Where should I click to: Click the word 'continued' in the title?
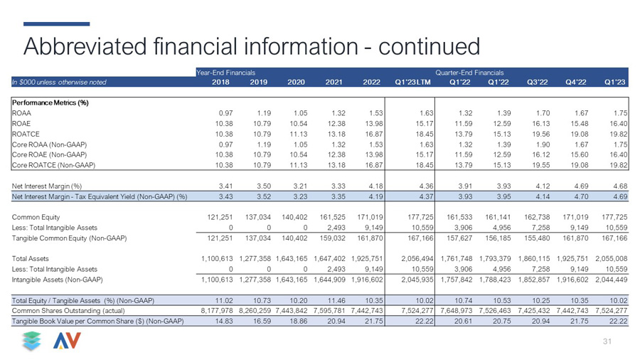[x=429, y=46]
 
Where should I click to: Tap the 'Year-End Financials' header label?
[x=225, y=73]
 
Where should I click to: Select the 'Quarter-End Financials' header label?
[x=469, y=73]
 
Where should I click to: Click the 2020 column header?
[x=296, y=82]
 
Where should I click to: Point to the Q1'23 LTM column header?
[x=412, y=82]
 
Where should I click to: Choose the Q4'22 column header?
[x=575, y=82]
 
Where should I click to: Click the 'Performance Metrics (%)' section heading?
[x=50, y=103]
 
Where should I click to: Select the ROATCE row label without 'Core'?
[x=26, y=134]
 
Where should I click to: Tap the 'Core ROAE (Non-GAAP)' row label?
[x=49, y=154]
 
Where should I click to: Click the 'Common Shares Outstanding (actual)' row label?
[x=68, y=311]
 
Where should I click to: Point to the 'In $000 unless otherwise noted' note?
[x=59, y=82]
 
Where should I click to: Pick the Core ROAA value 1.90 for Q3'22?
[x=543, y=144]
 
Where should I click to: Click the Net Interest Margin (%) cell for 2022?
[x=375, y=186]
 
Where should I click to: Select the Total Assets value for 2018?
[x=217, y=259]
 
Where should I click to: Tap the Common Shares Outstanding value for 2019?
[x=255, y=311]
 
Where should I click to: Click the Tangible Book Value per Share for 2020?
[x=298, y=321]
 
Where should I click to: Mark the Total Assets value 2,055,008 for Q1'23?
[x=611, y=259]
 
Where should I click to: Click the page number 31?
[x=607, y=342]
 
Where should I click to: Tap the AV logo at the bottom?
[x=67, y=341]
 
